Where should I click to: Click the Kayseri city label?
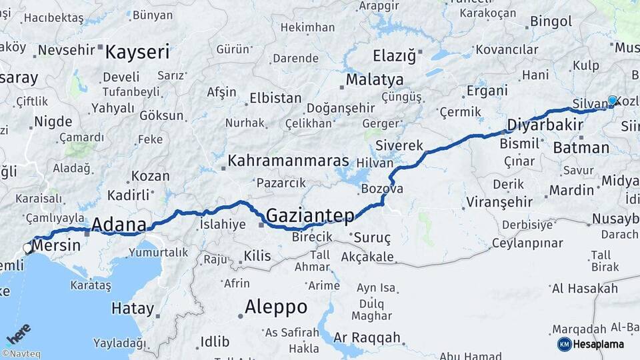pos(137,52)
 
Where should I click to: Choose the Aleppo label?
pos(276,307)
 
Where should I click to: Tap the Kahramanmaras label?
pos(288,161)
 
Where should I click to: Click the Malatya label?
pos(374,79)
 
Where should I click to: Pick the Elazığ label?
pos(393,55)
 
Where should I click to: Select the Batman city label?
pos(581,148)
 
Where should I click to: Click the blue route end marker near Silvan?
pos(612,101)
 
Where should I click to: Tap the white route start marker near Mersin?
pos(28,248)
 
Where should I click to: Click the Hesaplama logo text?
pos(599,344)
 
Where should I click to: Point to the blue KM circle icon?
pos(564,344)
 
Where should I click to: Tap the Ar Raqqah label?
pos(367,337)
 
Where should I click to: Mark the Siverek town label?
pos(399,145)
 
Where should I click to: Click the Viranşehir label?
pos(499,201)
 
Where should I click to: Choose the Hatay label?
pos(133,309)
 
